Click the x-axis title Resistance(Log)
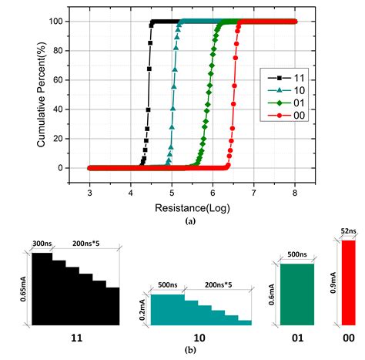pyautogui.click(x=192, y=207)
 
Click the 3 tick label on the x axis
pyautogui.click(x=89, y=194)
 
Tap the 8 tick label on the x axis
pyautogui.click(x=295, y=194)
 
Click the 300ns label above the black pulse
pyautogui.click(x=42, y=244)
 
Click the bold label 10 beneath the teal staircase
pyautogui.click(x=200, y=337)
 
